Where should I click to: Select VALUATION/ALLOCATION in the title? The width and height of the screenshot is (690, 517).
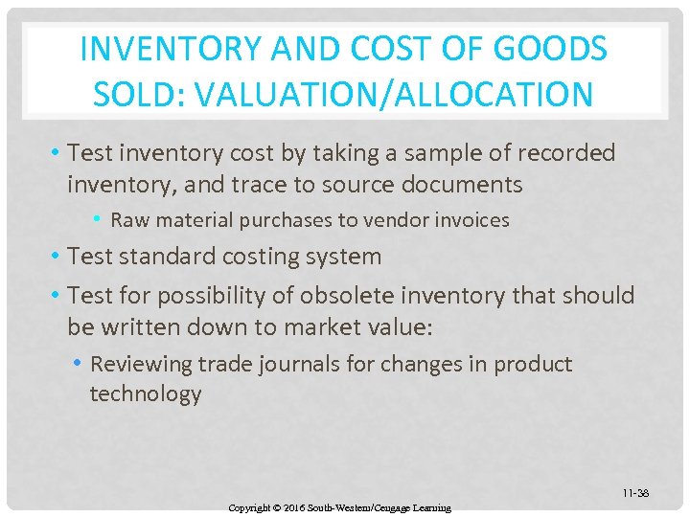[392, 94]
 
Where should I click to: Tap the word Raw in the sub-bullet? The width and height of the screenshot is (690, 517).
[127, 220]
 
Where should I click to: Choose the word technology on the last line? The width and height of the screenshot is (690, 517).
[146, 394]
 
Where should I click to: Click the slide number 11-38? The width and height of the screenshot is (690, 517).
[635, 493]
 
